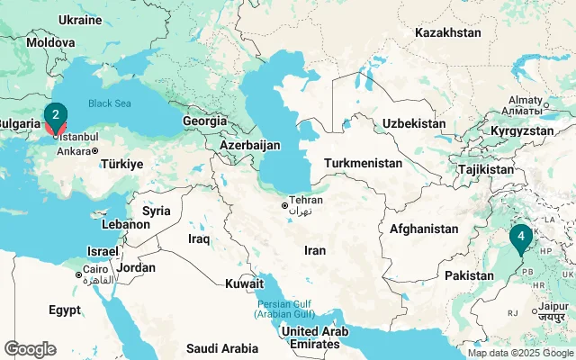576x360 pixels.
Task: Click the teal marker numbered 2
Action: coord(56,115)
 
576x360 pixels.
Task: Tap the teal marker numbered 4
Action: coord(520,237)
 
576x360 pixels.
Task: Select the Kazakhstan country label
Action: coord(448,32)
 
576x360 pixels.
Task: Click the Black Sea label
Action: coord(111,103)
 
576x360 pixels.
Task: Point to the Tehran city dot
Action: coord(285,206)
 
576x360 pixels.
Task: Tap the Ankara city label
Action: coord(73,151)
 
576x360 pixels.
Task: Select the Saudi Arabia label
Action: coord(221,347)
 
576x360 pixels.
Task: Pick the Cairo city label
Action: coord(98,268)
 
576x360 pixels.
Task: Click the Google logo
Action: coord(30,349)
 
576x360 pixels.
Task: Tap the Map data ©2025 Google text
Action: coord(520,354)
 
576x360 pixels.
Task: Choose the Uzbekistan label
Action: coord(414,123)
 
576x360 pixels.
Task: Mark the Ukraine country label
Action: coord(79,20)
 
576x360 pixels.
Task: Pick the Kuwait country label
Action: coord(245,283)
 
